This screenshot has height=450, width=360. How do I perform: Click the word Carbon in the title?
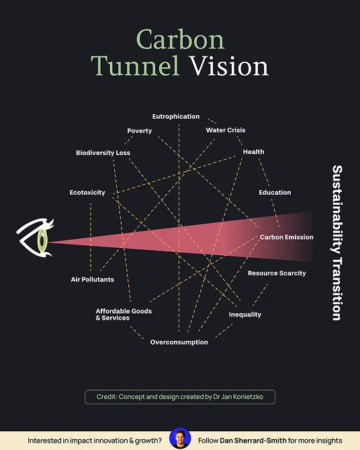click(x=180, y=40)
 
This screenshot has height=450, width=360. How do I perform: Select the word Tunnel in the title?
click(x=136, y=66)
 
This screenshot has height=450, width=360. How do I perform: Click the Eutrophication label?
click(x=176, y=116)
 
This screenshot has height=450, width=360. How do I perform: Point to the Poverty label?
click(x=140, y=131)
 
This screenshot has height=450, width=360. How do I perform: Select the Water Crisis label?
click(x=226, y=130)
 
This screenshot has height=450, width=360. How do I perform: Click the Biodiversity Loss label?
click(x=103, y=152)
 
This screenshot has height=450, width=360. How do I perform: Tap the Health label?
click(x=253, y=152)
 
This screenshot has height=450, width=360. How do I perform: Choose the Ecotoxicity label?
click(x=87, y=193)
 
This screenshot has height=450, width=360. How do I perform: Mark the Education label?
click(x=275, y=193)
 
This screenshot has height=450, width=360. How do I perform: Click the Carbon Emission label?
click(x=287, y=237)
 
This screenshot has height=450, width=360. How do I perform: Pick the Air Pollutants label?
click(x=93, y=279)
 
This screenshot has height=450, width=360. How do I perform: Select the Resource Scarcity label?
click(x=277, y=273)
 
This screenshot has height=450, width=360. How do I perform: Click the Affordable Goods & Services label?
click(x=124, y=314)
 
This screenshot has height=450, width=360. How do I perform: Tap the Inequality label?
click(x=245, y=314)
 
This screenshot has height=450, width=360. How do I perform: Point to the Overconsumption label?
click(x=179, y=342)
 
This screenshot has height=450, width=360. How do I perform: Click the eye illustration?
click(x=36, y=238)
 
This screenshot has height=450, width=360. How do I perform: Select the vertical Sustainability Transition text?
click(x=337, y=242)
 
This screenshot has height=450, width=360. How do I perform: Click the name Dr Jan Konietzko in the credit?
click(x=238, y=397)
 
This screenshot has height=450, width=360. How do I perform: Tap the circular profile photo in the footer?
click(x=180, y=439)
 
